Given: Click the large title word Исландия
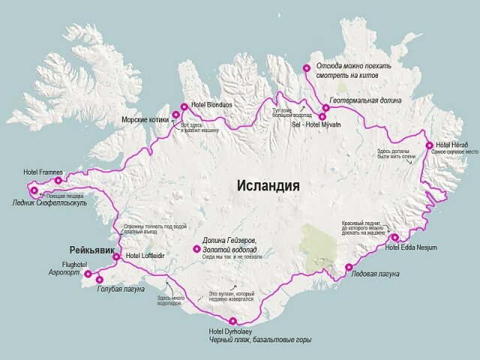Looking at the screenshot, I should (268, 185).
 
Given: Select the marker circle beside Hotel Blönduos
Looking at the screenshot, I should (184, 106).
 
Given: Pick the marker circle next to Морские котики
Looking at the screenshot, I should (176, 115).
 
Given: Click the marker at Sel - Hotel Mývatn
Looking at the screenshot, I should (322, 116).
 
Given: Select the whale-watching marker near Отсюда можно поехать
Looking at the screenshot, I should (307, 67).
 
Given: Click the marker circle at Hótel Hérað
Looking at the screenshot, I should (429, 145).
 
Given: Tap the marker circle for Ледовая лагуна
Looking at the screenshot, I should (349, 267).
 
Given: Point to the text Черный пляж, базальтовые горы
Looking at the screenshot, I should (260, 340).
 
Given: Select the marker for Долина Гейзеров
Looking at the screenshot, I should (196, 249).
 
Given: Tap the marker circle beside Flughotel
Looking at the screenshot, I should (88, 274).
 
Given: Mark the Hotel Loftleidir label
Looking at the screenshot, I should (145, 256).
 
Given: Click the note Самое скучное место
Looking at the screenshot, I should (454, 152).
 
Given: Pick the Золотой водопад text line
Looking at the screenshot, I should (229, 249).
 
